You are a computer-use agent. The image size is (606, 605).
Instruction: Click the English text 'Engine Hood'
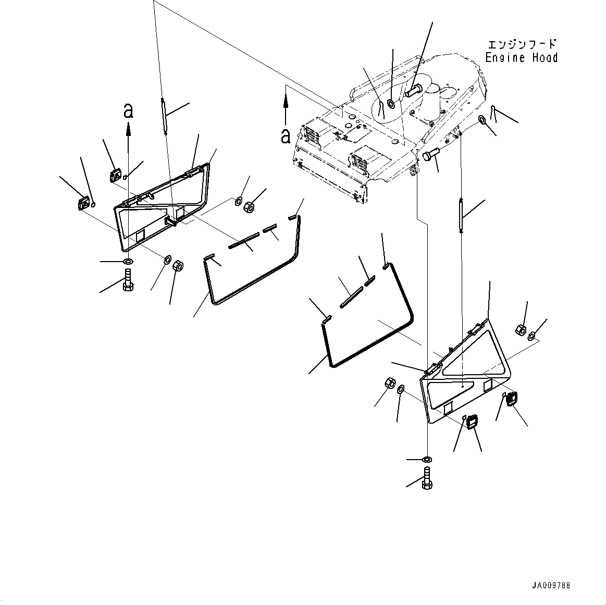click(521, 58)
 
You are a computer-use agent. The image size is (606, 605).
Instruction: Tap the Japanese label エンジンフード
click(522, 44)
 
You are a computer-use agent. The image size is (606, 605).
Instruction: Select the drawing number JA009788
click(551, 585)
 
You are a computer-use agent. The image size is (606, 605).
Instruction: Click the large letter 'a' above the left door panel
click(128, 110)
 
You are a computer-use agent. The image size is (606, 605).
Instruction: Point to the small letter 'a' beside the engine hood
click(285, 135)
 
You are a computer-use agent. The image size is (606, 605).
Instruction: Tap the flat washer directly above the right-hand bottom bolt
click(427, 460)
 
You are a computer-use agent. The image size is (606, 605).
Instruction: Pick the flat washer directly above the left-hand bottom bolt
click(128, 261)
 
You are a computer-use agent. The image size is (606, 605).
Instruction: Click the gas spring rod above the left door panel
click(164, 117)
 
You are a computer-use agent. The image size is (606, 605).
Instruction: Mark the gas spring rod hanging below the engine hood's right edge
click(461, 213)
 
